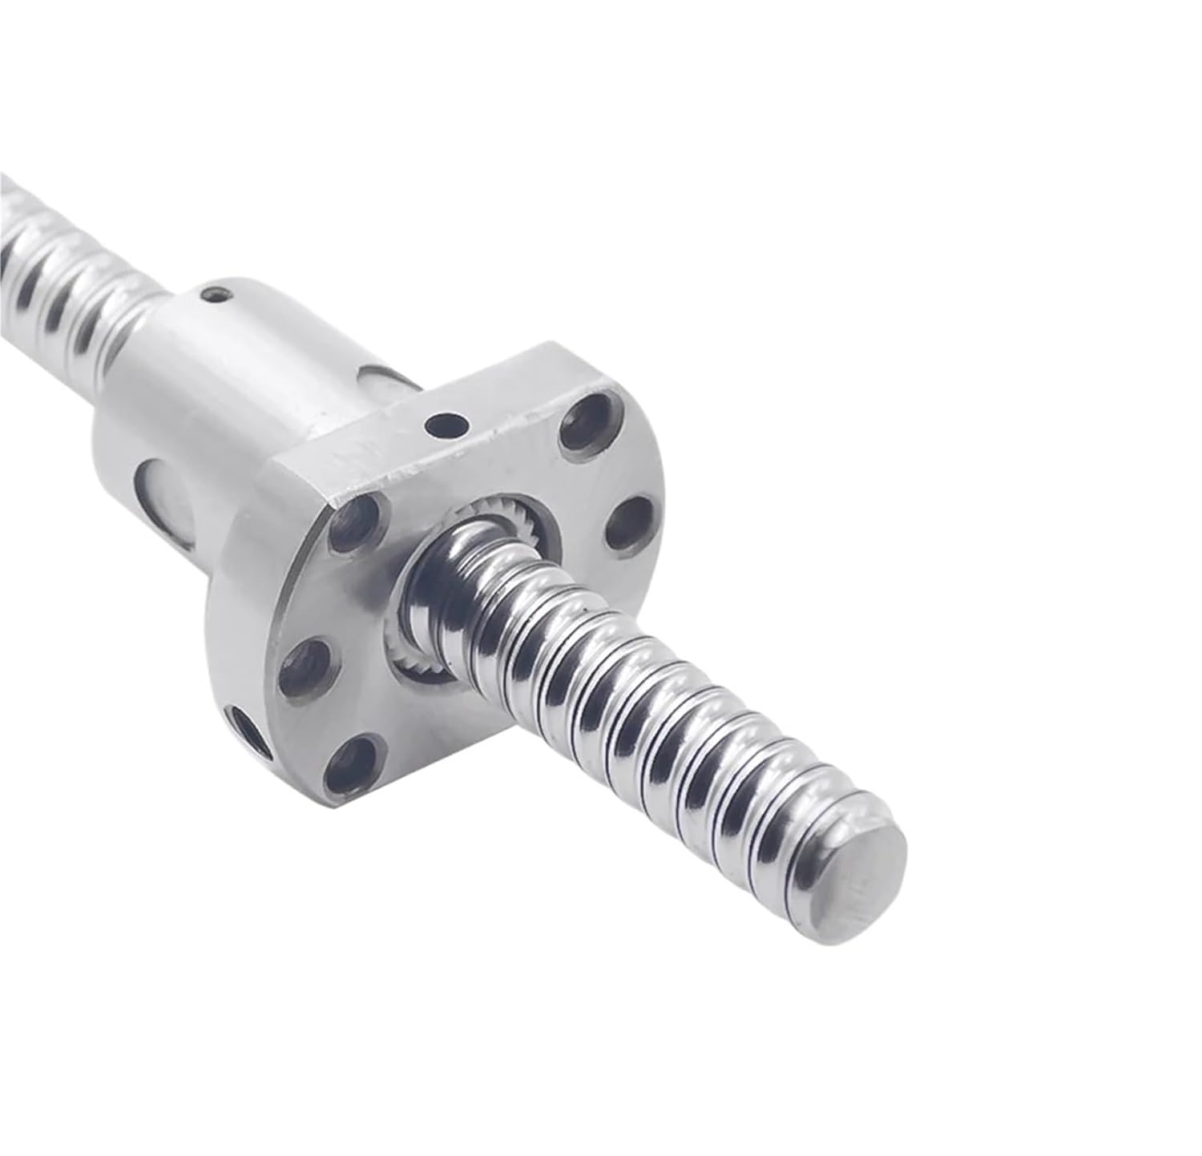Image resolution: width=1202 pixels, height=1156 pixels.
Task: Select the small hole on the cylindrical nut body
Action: pyautogui.click(x=212, y=295)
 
